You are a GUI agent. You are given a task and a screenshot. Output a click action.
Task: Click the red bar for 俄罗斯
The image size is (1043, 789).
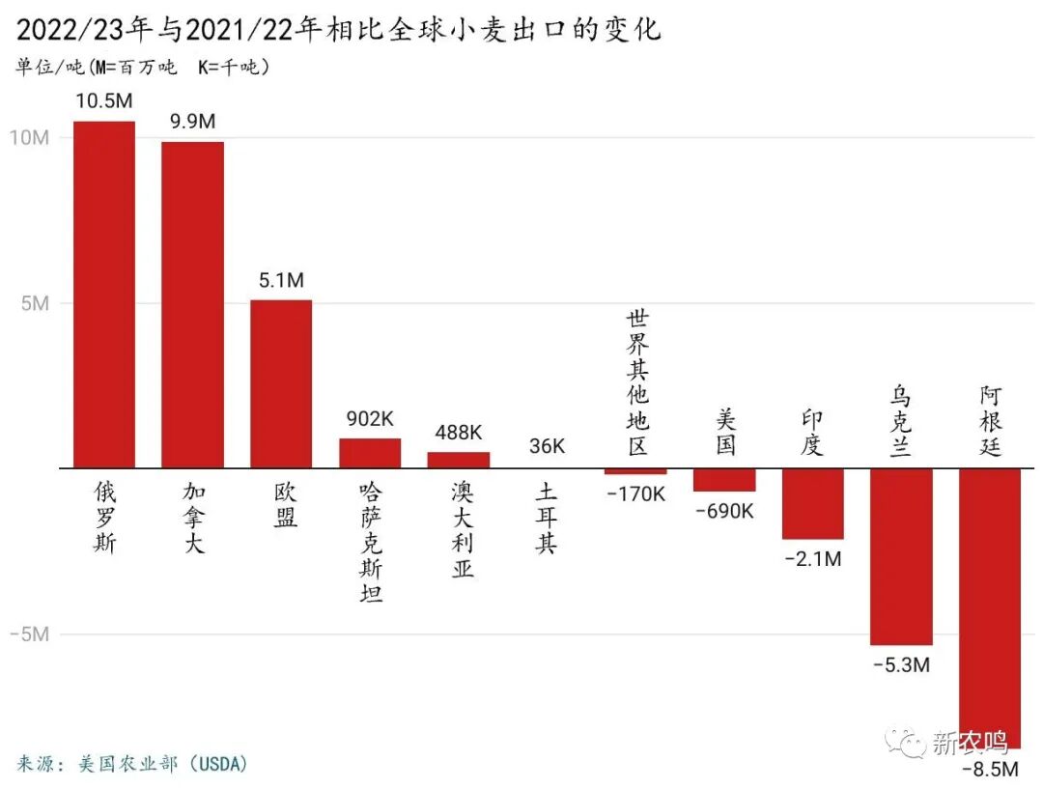click(x=104, y=295)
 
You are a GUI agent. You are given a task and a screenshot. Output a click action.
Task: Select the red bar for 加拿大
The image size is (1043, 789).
click(x=192, y=305)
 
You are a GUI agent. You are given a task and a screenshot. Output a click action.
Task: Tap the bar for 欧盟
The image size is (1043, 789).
click(x=281, y=384)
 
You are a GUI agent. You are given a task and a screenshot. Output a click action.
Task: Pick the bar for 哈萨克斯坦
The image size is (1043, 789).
click(x=370, y=453)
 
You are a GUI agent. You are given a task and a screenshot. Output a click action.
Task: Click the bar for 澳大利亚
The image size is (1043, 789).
click(x=459, y=460)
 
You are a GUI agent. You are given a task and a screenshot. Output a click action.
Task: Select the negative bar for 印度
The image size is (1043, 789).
click(x=812, y=503)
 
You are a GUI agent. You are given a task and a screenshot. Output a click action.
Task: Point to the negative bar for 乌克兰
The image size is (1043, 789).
click(x=901, y=556)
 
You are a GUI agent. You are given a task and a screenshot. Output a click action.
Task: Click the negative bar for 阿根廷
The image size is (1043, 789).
click(x=990, y=608)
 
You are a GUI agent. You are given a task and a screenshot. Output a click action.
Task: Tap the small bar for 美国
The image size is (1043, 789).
click(x=724, y=480)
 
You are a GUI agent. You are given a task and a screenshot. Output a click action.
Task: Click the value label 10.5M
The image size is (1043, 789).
click(x=104, y=101)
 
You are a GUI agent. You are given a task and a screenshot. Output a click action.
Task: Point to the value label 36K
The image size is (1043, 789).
click(x=548, y=446)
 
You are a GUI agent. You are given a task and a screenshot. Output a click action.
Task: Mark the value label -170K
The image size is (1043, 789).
click(x=635, y=493)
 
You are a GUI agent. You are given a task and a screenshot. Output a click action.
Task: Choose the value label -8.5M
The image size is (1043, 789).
click(x=990, y=770)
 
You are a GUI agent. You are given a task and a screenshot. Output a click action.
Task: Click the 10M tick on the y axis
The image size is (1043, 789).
click(x=29, y=137)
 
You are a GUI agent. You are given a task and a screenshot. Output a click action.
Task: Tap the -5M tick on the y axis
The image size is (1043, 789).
click(x=29, y=634)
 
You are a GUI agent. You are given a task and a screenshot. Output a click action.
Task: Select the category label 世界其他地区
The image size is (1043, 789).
click(x=636, y=382)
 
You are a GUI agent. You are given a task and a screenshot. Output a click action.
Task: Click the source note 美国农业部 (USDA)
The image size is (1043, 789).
click(x=133, y=764)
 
